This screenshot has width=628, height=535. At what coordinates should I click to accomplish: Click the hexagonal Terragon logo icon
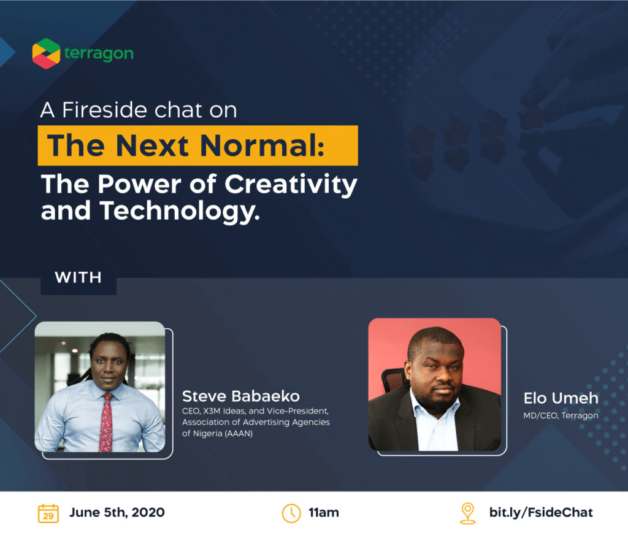point(46,53)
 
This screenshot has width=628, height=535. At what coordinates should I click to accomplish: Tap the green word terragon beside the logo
point(99,53)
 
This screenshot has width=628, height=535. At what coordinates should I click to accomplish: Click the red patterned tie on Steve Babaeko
point(106,422)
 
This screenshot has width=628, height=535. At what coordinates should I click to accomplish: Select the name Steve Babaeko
point(240,396)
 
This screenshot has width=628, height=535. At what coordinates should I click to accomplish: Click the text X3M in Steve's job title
point(212,411)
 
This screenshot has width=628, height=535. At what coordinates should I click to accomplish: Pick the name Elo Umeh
point(561,398)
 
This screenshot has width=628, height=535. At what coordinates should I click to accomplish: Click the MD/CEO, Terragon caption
point(561,415)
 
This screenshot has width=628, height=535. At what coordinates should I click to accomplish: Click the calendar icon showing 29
point(48,514)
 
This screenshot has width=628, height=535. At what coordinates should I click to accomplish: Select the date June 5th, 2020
point(117,512)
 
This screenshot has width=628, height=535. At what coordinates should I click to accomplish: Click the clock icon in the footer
point(291,514)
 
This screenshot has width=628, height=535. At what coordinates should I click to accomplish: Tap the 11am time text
point(324,513)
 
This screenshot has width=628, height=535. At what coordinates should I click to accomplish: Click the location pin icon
point(467,514)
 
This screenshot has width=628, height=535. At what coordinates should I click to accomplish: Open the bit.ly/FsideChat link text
point(541,512)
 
